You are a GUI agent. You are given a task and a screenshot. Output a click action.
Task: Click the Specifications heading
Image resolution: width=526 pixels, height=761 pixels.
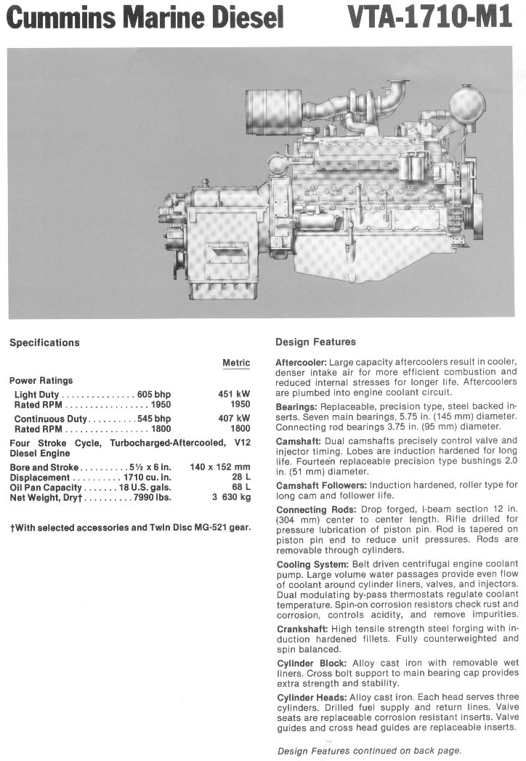[44, 343]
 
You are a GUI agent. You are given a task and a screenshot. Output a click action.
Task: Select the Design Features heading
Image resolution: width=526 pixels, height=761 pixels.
[315, 342]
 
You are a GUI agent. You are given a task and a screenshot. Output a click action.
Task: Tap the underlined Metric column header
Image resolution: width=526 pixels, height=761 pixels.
[236, 363]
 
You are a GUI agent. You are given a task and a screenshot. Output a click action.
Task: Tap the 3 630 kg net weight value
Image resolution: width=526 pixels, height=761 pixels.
[232, 498]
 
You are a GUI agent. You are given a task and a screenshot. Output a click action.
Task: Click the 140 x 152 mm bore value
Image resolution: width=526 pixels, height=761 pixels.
[219, 467]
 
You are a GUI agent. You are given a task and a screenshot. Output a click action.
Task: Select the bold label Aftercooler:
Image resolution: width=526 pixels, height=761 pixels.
[301, 362]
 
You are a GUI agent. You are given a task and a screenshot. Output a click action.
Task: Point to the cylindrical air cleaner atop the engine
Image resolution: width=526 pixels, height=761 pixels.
[274, 110]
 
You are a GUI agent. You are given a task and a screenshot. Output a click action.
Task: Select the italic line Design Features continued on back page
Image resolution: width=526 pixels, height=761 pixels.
[369, 751]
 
